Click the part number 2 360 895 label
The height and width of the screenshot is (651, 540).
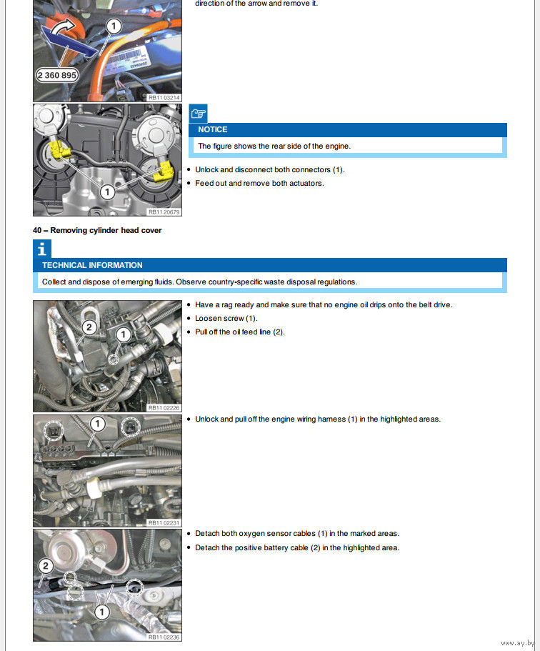click(57, 75)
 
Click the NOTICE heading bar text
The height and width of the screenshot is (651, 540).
click(213, 129)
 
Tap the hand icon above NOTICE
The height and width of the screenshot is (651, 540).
click(198, 113)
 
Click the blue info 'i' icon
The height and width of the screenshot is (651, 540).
click(42, 249)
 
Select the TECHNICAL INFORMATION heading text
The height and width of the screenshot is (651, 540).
click(92, 265)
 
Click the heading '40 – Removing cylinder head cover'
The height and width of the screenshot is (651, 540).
click(97, 230)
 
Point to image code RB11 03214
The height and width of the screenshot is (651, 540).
click(164, 96)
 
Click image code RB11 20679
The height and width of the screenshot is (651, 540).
click(164, 212)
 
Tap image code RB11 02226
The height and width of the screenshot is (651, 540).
click(164, 407)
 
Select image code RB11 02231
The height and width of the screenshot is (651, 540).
click(164, 522)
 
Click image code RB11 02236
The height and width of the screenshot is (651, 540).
click(164, 637)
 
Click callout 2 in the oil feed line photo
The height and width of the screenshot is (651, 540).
click(89, 328)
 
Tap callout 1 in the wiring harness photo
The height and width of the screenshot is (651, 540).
click(97, 424)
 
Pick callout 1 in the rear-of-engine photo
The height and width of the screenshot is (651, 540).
click(106, 192)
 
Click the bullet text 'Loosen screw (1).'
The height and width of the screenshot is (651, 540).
click(226, 318)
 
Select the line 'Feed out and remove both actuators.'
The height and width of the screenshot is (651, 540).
click(259, 183)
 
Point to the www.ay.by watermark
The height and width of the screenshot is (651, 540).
click(517, 643)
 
